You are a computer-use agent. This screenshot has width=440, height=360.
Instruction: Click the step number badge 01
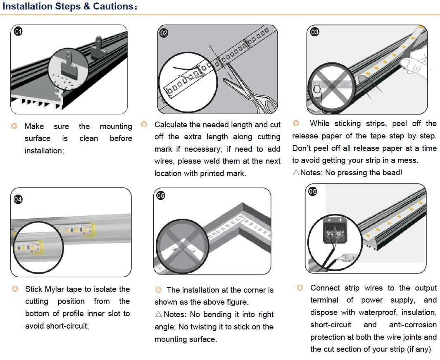pyautogui.click(x=19, y=31)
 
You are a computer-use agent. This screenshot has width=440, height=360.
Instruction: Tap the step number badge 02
pyautogui.click(x=164, y=33)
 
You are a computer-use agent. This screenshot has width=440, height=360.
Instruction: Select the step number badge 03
pyautogui.click(x=315, y=32)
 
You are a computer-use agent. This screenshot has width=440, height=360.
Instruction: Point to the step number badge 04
pyautogui.click(x=18, y=199)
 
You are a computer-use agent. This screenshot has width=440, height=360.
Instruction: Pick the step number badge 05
pyautogui.click(x=161, y=196)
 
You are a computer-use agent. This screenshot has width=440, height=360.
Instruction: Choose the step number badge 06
pyautogui.click(x=313, y=191)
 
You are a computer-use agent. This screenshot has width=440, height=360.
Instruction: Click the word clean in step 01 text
pyautogui.click(x=89, y=138)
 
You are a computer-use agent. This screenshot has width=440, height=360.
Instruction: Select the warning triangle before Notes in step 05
pyautogui.click(x=158, y=315)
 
